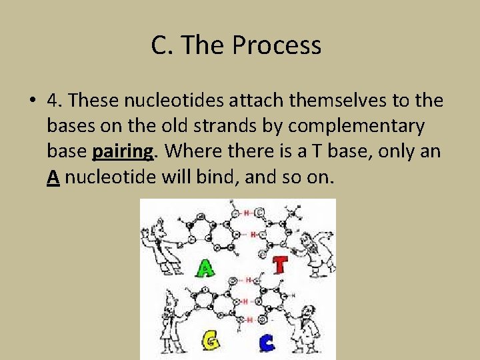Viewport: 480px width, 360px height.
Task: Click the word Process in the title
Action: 277,46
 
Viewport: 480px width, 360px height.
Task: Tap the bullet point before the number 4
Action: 32,101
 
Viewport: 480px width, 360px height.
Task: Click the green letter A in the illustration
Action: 205,268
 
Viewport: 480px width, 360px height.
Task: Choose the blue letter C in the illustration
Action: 265,343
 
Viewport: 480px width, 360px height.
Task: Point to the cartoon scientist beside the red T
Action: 313,253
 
